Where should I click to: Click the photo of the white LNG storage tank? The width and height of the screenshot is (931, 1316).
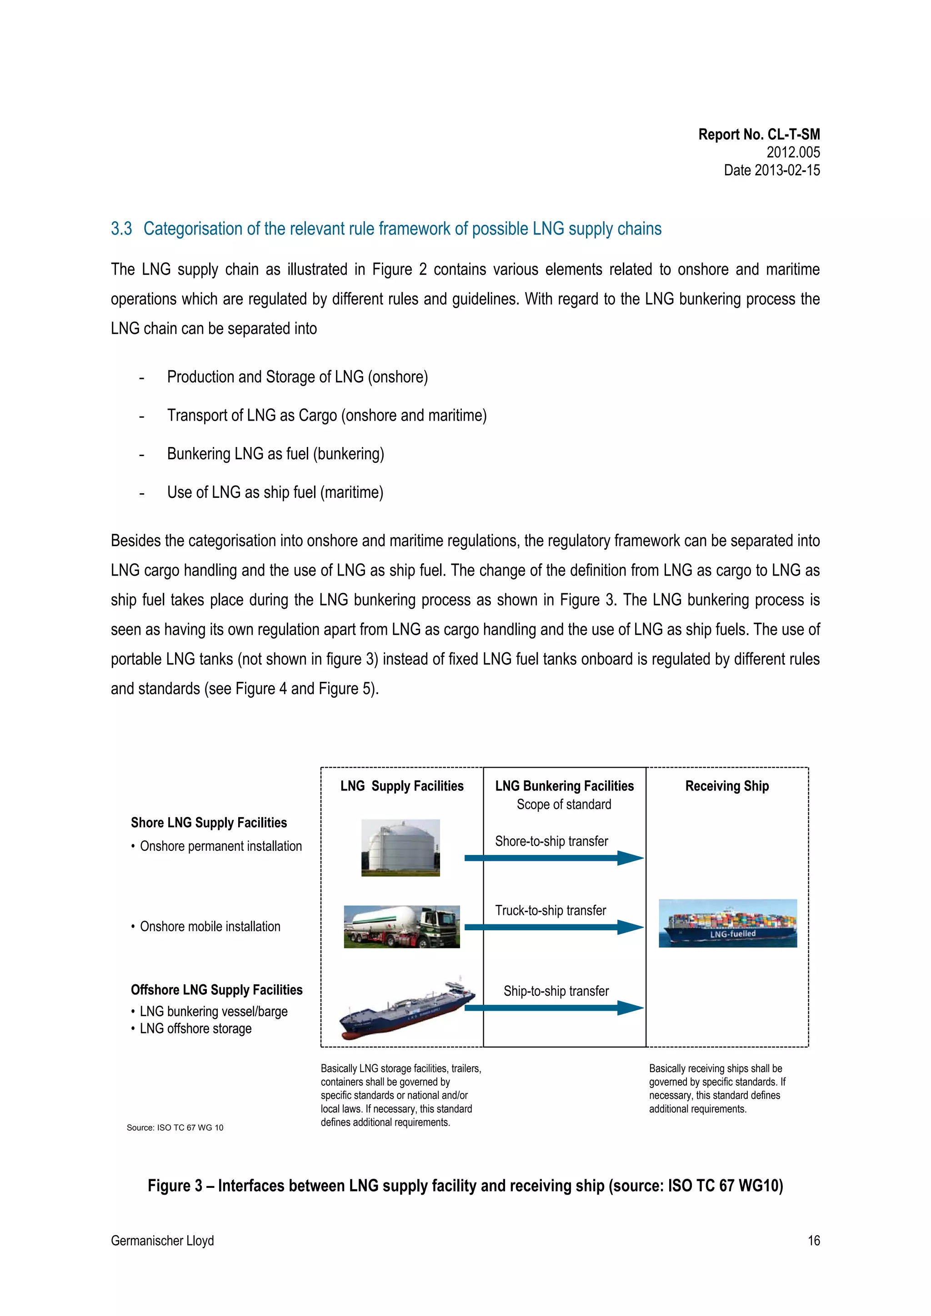coord(400,847)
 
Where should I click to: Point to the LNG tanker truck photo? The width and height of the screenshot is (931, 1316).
coord(401,926)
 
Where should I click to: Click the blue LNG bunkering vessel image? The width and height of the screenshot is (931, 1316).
coord(406,1010)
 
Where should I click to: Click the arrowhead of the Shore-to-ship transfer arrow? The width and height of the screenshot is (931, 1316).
coord(630,858)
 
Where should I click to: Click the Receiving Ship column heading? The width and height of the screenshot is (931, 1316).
coord(726,786)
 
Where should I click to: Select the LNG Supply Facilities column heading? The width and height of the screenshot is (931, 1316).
coord(401,786)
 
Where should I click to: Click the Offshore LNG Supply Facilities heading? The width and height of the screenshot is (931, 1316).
coord(216,990)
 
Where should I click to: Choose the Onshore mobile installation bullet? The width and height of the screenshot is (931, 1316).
coord(210,926)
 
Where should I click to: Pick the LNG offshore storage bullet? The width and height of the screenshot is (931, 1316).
coord(195,1028)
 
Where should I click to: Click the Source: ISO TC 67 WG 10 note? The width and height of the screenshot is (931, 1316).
coord(175,1127)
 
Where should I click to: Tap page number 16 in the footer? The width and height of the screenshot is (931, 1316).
coord(813,1240)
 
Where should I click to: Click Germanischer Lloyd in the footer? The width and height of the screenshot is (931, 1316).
coord(162,1240)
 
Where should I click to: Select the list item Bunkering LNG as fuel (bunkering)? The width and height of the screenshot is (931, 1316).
coord(275,454)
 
